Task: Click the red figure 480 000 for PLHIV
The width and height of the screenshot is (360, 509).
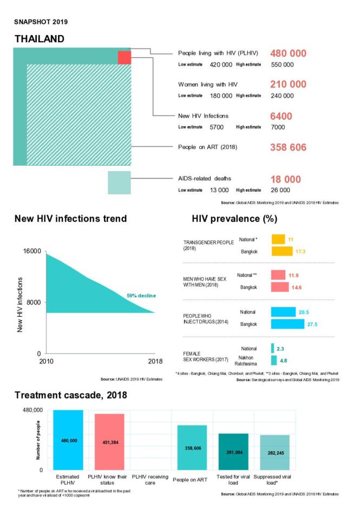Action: tap(288, 54)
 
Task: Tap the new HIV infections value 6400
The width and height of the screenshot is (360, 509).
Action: tap(281, 116)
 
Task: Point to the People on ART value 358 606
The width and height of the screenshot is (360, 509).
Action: tap(288, 147)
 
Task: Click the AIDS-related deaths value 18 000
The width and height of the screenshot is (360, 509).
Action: tap(285, 179)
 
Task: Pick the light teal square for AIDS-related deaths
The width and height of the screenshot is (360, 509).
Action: tap(119, 182)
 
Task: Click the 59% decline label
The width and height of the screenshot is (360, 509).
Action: tap(142, 296)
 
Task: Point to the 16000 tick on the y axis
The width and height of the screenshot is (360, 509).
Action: tap(31, 252)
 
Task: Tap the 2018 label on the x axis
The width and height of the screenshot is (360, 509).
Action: tap(155, 361)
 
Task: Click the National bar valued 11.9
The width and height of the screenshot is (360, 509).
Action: tap(278, 275)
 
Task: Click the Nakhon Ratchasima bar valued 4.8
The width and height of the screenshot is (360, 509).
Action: tap(274, 360)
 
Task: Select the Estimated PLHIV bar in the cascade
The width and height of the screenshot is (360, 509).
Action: tap(68, 440)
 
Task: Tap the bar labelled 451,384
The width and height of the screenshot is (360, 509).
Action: tap(109, 442)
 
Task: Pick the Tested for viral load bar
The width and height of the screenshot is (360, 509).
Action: tap(233, 452)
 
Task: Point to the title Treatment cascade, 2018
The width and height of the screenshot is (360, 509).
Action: tap(71, 395)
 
